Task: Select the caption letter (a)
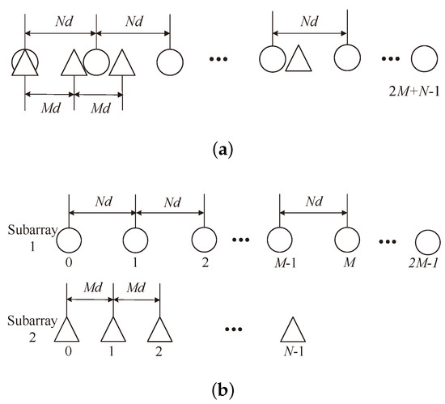click(x=222, y=149)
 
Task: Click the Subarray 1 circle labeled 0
click(x=69, y=241)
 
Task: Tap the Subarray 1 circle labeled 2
click(x=201, y=241)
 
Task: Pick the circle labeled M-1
click(x=280, y=241)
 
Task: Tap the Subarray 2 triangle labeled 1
click(x=113, y=329)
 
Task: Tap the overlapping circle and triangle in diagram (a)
click(x=25, y=61)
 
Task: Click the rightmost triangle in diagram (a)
click(x=299, y=59)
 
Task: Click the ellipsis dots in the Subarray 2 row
click(x=241, y=329)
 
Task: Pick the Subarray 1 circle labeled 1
click(x=135, y=241)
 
